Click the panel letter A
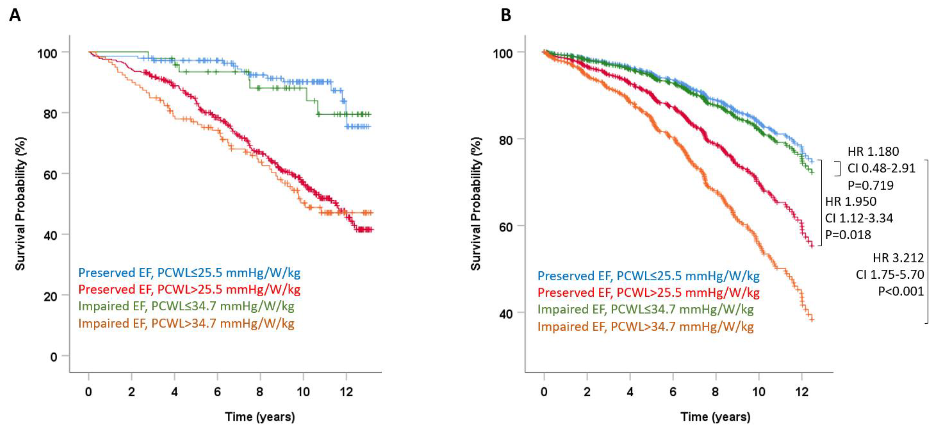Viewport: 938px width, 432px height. pos(15,15)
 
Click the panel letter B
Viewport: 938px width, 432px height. pos(506,15)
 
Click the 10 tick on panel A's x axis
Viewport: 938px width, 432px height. pos(303,392)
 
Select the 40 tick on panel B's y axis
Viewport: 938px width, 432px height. pos(505,313)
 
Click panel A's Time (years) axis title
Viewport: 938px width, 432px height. pos(260,417)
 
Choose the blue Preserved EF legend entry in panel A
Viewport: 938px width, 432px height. pos(189,273)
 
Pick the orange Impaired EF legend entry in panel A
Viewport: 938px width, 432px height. pos(186,324)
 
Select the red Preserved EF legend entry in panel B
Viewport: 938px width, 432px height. pos(649,292)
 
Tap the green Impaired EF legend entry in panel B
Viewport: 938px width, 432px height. pos(645,309)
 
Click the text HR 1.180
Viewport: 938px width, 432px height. pos(873,151)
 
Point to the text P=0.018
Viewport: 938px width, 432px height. pos(848,235)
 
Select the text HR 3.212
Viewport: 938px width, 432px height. pos(898,258)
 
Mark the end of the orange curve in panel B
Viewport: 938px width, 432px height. pos(812,319)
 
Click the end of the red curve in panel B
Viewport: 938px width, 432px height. pos(812,246)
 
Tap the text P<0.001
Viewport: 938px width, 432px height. pos(901,291)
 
